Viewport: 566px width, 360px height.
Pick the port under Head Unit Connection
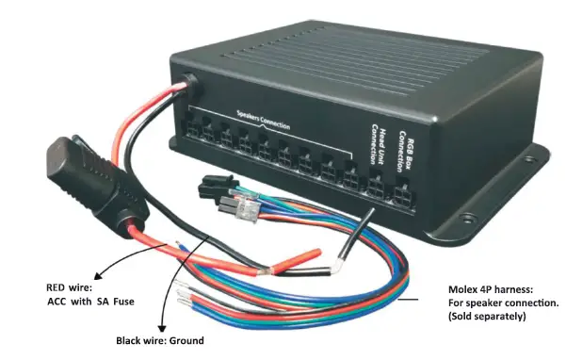pos(375,188)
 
